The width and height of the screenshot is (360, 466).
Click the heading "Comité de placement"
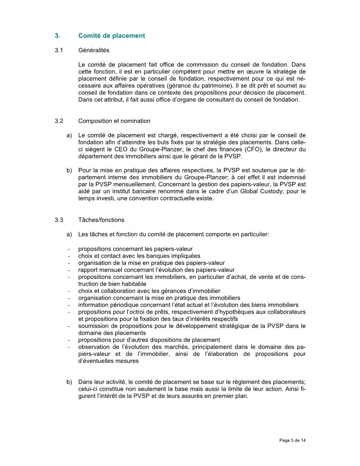pyautogui.click(x=111, y=36)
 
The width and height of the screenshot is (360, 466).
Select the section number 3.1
pyautogui.click(x=59, y=51)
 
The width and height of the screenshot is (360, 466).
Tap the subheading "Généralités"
pyautogui.click(x=94, y=51)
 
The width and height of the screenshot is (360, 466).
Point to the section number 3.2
pyautogui.click(x=59, y=121)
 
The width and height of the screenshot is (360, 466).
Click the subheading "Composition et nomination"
pyautogui.click(x=114, y=121)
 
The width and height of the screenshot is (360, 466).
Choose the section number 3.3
pyautogui.click(x=59, y=220)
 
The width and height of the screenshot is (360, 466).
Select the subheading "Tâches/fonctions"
pyautogui.click(x=101, y=220)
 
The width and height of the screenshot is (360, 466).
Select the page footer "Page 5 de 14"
pyautogui.click(x=293, y=441)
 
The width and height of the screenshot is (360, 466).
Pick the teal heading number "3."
pyautogui.click(x=57, y=36)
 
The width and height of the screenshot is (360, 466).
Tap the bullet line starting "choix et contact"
pyautogui.click(x=133, y=256)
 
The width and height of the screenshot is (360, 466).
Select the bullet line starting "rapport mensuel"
pyautogui.click(x=156, y=270)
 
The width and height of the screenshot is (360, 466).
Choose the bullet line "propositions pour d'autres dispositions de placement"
pyautogui.click(x=149, y=340)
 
